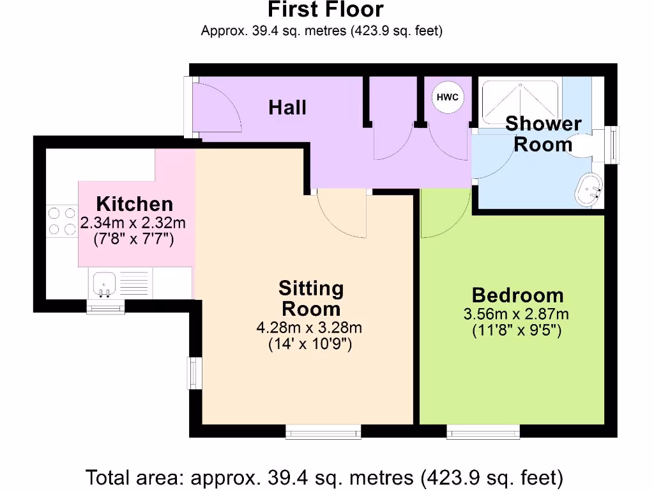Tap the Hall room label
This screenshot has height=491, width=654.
[x=287, y=107]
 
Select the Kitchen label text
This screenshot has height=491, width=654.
[x=135, y=204]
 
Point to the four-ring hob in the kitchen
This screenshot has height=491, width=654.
[x=61, y=219]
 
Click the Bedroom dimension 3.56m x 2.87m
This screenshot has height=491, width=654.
[x=516, y=314]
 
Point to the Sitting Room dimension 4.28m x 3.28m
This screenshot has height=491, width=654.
[x=309, y=328]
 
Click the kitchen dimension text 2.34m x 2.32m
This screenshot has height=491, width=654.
[x=133, y=224]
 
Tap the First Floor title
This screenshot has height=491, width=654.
[x=325, y=10]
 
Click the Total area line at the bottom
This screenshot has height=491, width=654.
[x=324, y=477]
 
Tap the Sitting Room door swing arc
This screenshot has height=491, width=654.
[x=342, y=214]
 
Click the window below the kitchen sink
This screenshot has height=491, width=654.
[x=106, y=309]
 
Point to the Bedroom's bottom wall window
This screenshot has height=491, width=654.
[x=483, y=433]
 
